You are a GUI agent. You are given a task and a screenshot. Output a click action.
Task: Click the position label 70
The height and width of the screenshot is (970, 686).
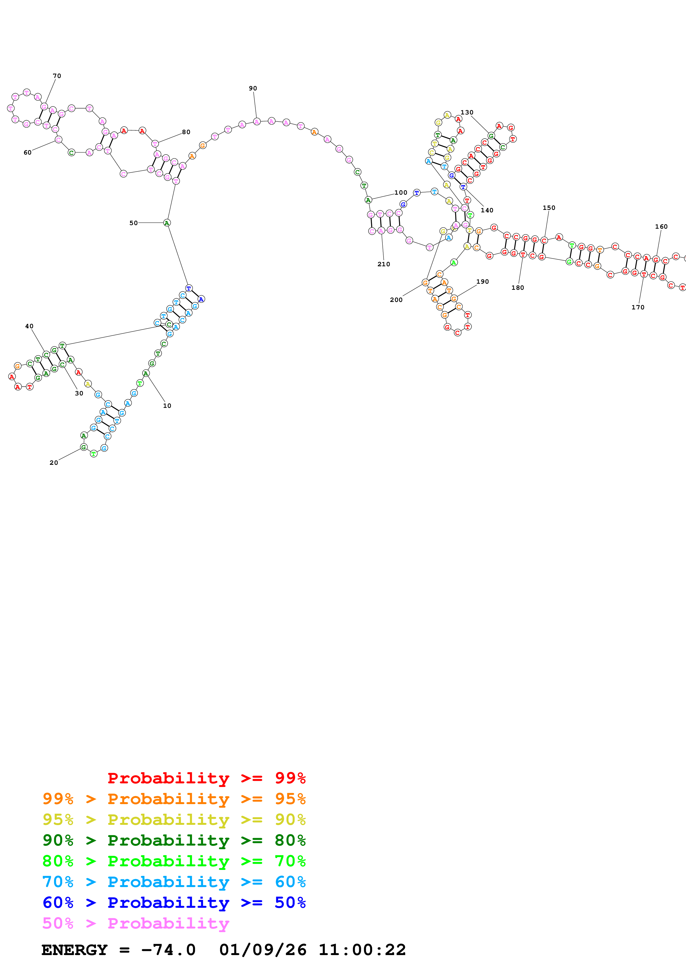[57, 76]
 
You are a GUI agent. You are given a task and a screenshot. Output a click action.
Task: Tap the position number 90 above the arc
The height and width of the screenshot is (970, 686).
[253, 88]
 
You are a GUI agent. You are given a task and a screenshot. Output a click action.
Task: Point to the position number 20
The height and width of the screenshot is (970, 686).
[54, 463]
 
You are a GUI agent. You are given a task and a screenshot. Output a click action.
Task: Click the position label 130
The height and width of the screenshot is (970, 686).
[467, 112]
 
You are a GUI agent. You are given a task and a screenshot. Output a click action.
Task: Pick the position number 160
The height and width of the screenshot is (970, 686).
[661, 227]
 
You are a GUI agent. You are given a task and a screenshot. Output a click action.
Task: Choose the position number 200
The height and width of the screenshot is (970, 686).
[396, 300]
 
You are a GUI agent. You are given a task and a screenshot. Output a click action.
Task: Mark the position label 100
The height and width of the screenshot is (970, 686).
[401, 193]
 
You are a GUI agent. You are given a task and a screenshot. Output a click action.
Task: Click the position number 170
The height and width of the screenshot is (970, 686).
[638, 307]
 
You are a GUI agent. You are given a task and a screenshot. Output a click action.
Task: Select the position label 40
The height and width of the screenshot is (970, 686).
[29, 326]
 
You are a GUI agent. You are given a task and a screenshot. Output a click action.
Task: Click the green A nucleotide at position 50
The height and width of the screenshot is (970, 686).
[167, 223]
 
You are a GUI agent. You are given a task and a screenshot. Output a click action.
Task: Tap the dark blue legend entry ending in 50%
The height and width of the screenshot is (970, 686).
[174, 903]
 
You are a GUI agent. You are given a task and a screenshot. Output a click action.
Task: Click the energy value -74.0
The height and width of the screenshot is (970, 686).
[168, 950]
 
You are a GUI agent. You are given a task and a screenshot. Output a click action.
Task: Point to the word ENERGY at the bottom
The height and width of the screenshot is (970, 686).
[74, 950]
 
